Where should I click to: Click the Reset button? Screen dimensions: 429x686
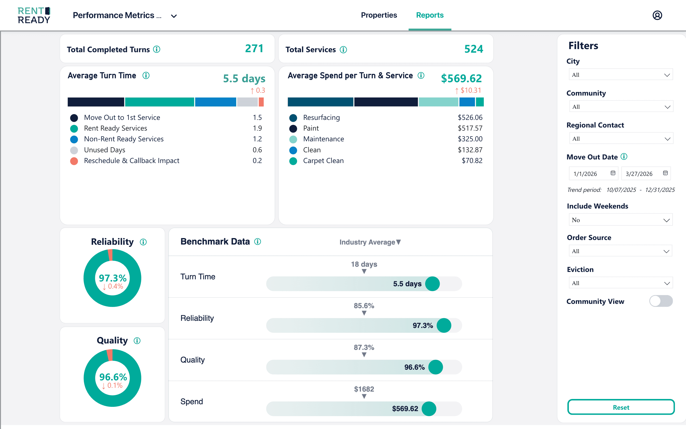click(x=621, y=407)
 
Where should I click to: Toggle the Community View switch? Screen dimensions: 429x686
click(x=661, y=301)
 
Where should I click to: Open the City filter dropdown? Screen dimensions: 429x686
click(x=621, y=75)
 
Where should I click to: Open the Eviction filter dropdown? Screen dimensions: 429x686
click(x=621, y=283)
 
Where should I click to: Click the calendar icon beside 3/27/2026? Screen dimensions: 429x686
click(x=665, y=173)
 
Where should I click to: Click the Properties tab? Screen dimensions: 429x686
click(x=379, y=15)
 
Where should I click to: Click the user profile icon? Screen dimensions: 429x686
click(x=657, y=15)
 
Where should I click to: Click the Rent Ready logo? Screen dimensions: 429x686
click(x=34, y=15)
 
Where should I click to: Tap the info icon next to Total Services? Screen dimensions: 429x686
click(x=343, y=50)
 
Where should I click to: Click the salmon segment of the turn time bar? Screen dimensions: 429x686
click(x=261, y=102)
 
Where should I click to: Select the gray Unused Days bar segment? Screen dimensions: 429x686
click(x=247, y=102)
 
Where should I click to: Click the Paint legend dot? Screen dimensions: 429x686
click(x=293, y=128)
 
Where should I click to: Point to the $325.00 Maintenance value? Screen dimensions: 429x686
click(x=470, y=139)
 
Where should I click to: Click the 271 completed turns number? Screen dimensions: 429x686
click(x=254, y=49)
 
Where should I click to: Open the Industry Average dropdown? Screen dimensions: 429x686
click(x=370, y=242)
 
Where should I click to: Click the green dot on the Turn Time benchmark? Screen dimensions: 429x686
click(x=432, y=284)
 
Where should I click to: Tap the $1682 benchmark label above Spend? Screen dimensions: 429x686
click(x=364, y=389)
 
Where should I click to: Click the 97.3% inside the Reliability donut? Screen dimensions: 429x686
click(x=112, y=278)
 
